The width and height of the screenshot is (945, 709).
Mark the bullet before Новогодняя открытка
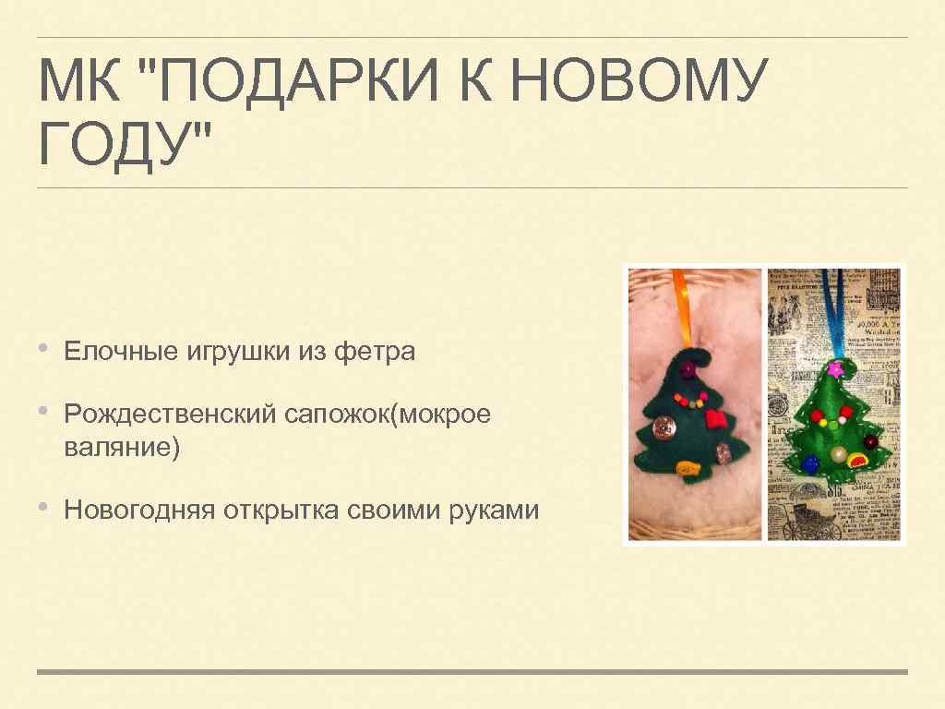coord(45,508)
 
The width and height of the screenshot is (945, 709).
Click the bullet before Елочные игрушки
coord(45,349)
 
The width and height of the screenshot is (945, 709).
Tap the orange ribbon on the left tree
coord(680,310)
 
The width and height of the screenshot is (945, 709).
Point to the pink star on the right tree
coord(835,370)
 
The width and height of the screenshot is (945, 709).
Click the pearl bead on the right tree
coord(838,455)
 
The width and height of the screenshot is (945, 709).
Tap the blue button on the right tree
coord(809,464)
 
